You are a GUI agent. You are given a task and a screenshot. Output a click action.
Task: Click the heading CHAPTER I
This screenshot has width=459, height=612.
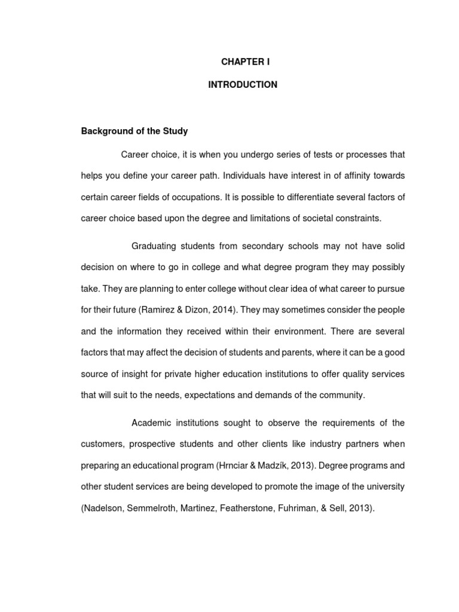[x=242, y=62]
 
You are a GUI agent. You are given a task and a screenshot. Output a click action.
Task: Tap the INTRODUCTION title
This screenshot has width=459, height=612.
[x=242, y=85]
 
